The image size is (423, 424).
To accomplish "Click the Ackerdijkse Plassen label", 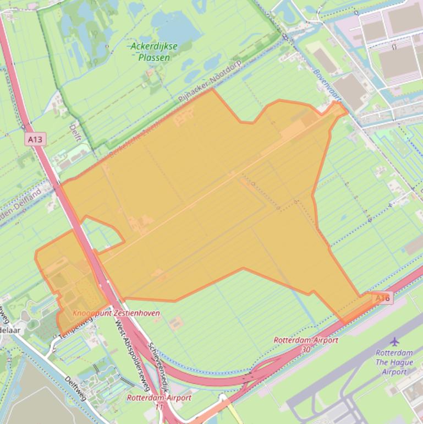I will [x=154, y=52].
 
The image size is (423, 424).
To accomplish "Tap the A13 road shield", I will [x=35, y=139].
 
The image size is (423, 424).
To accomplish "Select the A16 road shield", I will [x=383, y=298].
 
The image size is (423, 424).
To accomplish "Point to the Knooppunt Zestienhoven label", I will [x=116, y=313].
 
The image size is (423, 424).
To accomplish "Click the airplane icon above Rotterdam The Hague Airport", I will [x=394, y=342].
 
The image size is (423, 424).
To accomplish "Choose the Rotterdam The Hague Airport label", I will [x=394, y=362].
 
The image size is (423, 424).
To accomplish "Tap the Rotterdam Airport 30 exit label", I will [x=306, y=344].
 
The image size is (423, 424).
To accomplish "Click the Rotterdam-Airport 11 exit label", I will [x=160, y=401].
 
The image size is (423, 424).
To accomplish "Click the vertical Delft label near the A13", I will [x=74, y=133].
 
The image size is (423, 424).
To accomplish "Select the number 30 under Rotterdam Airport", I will [x=306, y=349].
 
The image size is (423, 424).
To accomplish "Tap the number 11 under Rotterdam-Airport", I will [x=160, y=406].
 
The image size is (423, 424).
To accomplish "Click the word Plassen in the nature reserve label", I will [x=154, y=57].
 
